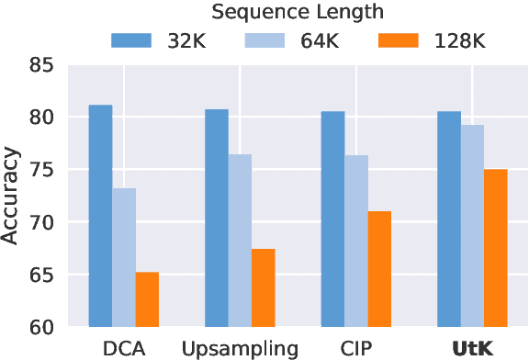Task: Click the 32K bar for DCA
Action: tap(100, 216)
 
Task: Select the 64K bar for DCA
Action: tap(124, 257)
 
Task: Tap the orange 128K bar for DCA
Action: tap(147, 299)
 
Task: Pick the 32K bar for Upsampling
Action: tap(217, 218)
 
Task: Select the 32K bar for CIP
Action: tap(332, 219)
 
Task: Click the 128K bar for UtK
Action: tap(495, 248)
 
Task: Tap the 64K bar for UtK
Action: tap(472, 226)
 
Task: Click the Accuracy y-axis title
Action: tap(12, 197)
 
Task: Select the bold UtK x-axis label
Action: tap(472, 348)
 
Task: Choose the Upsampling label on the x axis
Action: tap(240, 348)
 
